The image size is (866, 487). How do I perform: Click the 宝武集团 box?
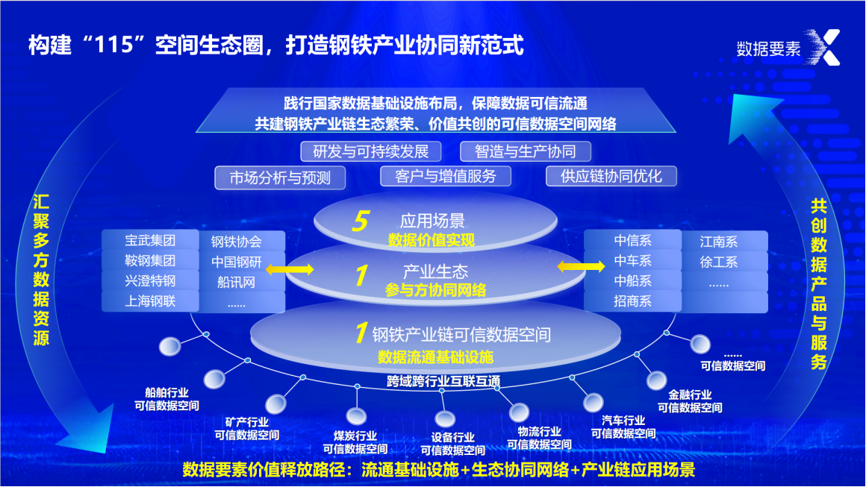coord(150,241)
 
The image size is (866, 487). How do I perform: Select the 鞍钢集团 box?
coord(150,261)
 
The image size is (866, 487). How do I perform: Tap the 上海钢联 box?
coord(150,301)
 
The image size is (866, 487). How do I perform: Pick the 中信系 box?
coord(632,241)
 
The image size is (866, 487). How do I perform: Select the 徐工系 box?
coord(718,262)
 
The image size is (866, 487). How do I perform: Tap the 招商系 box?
coord(632,301)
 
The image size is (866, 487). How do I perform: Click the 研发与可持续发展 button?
coord(371,151)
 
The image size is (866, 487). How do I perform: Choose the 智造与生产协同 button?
coord(526,151)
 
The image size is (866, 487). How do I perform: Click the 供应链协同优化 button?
coord(611,176)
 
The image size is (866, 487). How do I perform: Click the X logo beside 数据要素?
coord(826,47)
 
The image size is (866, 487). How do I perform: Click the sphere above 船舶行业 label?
coord(169,347)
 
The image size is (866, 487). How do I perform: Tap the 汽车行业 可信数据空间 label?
coord(623,427)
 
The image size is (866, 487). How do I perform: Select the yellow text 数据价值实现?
coord(431,240)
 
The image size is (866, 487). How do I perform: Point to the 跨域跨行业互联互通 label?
coord(443,381)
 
